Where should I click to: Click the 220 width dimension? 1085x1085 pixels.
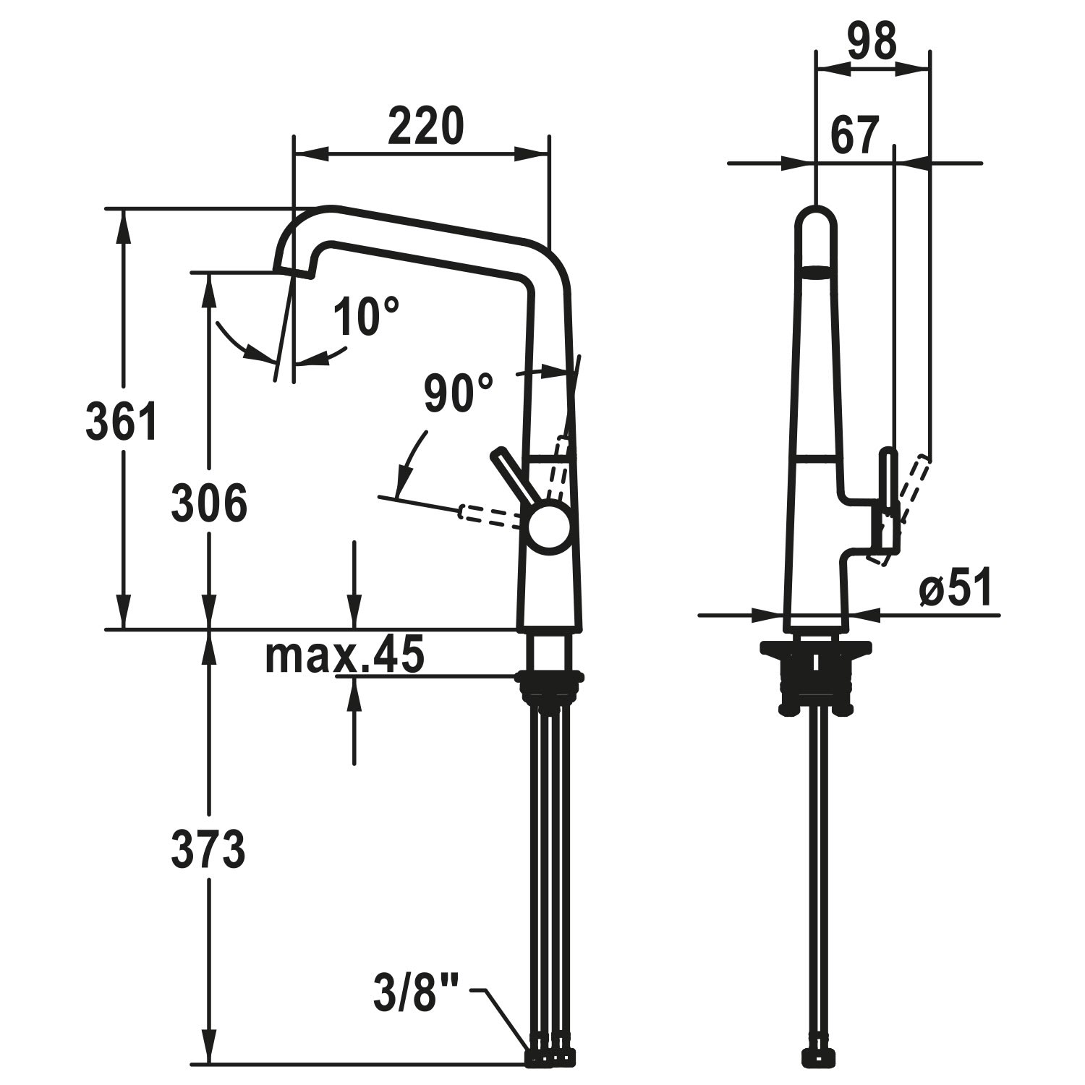[424, 126]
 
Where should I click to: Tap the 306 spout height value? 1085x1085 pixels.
[209, 503]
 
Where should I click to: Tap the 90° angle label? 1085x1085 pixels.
[459, 393]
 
